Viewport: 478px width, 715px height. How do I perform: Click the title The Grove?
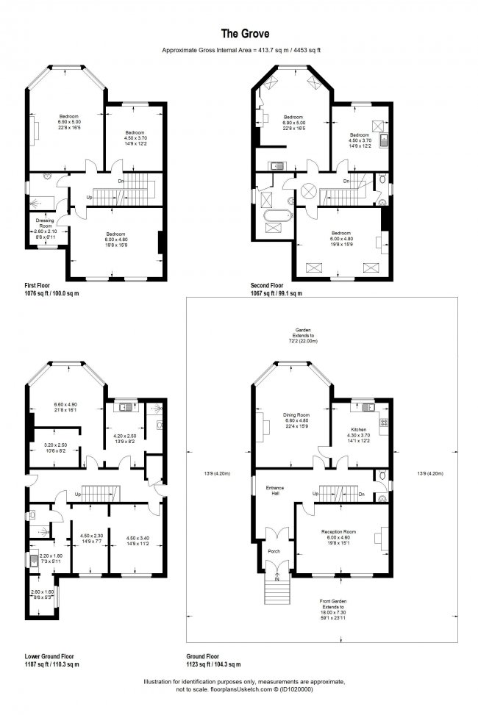point(238,33)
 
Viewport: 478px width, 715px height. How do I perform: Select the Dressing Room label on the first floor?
point(46,223)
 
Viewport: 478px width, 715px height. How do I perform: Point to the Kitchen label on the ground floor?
point(358,428)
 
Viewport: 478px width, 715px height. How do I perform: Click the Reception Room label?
point(338,531)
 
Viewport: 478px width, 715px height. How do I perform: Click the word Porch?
point(275,550)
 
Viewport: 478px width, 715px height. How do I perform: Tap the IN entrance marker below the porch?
point(277,579)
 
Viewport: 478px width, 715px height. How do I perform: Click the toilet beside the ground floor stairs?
point(379,476)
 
